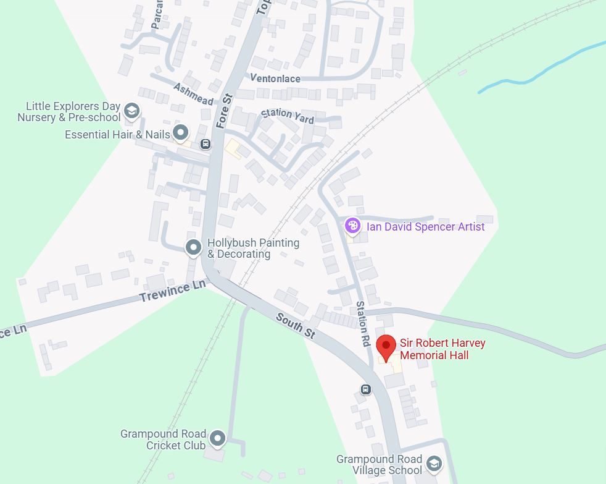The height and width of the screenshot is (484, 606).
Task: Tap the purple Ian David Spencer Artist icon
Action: [352, 226]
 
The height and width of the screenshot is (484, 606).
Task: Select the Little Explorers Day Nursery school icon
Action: [131, 111]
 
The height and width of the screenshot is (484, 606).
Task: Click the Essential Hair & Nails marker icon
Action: [180, 132]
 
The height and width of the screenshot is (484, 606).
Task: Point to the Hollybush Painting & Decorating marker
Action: [193, 247]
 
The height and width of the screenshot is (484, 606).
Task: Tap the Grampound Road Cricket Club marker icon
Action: [217, 439]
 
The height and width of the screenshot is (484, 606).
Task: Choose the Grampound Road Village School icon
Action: [434, 464]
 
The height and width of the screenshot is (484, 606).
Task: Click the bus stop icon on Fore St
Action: [205, 144]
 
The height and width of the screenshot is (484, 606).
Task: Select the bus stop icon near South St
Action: [366, 389]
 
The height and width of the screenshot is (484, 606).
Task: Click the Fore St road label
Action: [224, 111]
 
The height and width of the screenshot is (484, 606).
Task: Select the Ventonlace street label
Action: [275, 79]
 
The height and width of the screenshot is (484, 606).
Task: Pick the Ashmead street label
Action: [193, 94]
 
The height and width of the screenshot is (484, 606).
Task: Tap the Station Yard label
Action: [288, 116]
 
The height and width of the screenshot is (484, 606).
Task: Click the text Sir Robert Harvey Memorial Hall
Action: [442, 349]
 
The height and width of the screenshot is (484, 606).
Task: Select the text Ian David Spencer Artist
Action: [426, 227]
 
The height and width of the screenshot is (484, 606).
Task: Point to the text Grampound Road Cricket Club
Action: [164, 439]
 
